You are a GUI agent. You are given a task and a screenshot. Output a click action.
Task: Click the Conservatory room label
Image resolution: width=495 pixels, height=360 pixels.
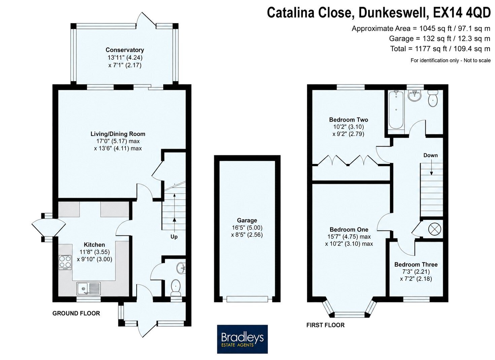point(125,50)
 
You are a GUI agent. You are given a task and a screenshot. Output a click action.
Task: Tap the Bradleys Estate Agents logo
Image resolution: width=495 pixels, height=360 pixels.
point(242,339)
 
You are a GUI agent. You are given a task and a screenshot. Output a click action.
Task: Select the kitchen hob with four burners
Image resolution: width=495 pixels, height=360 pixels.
point(65,262)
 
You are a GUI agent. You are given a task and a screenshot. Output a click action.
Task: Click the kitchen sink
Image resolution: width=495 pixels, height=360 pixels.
point(89,288)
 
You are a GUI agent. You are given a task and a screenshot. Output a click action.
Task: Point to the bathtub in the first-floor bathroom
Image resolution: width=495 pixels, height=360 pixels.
point(396,110)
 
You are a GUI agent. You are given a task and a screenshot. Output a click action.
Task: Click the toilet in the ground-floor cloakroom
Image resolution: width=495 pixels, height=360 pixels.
point(176,288)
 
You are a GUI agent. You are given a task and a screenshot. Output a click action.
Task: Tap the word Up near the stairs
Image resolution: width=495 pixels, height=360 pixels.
point(174,237)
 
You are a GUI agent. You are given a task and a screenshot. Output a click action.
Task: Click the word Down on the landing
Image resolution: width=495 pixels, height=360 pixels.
point(430,155)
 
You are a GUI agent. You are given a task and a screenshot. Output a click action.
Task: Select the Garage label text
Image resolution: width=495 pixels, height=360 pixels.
point(247,220)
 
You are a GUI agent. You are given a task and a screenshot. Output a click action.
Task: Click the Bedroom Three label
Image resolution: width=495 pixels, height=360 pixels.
point(416,264)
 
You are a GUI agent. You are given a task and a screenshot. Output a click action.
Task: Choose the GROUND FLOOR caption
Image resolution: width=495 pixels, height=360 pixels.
point(76,313)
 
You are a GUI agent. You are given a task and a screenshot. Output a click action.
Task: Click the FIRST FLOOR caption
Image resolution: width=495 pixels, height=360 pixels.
point(325,325)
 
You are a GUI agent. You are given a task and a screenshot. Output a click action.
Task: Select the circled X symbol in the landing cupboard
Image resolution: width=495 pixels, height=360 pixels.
point(435,229)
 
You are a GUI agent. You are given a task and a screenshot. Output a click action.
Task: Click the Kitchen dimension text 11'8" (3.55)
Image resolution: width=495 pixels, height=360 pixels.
point(95,252)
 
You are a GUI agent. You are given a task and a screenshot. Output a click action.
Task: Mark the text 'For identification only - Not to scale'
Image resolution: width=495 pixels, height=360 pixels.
point(451,60)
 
